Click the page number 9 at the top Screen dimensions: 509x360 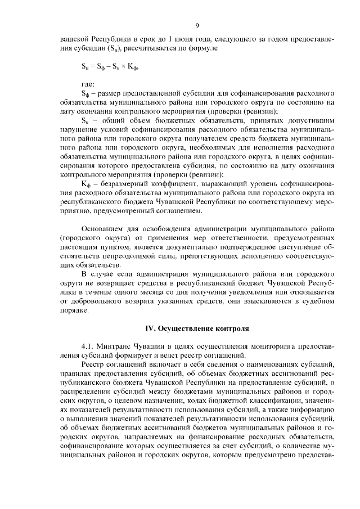[x=197, y=25]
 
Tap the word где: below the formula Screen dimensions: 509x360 [x=89, y=84]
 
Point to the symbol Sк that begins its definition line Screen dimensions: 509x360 [x=85, y=120]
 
